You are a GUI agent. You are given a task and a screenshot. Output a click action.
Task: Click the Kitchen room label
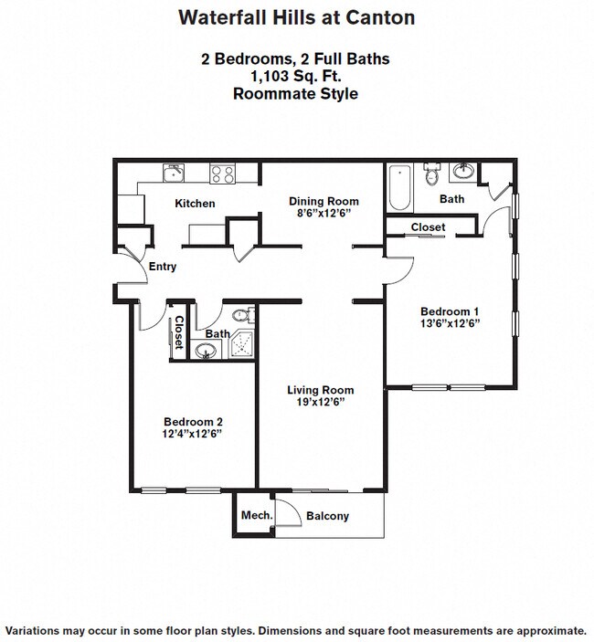pos(195,204)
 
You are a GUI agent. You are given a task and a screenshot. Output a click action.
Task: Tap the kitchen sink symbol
pos(174,173)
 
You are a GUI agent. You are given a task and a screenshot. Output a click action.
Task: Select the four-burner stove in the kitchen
pos(222,174)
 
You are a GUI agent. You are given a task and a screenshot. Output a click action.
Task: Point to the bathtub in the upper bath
pos(399,187)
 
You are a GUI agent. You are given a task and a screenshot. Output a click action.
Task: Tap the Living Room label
pos(321,390)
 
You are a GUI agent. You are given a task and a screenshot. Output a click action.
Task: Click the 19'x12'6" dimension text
pos(321,403)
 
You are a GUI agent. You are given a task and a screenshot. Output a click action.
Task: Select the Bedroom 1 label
pos(450,311)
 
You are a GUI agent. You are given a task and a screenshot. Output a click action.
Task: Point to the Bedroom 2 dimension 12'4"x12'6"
pos(192,434)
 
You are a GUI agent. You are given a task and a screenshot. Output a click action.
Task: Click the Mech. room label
pos(257,515)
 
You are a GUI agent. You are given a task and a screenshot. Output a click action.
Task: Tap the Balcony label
pos(327,516)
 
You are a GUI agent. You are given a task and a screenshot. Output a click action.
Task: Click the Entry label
pos(163,267)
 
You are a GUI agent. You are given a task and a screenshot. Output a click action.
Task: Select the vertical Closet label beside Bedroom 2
pos(179,332)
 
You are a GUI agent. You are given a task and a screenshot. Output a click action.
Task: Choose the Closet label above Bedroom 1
pos(428,227)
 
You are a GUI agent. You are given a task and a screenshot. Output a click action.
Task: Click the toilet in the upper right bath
pos(431,174)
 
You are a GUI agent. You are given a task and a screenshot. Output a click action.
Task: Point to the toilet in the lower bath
pos(242,315)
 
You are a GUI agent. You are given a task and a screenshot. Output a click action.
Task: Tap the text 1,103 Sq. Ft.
pos(296,76)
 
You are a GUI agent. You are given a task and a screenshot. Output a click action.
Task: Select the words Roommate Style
pos(296,94)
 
